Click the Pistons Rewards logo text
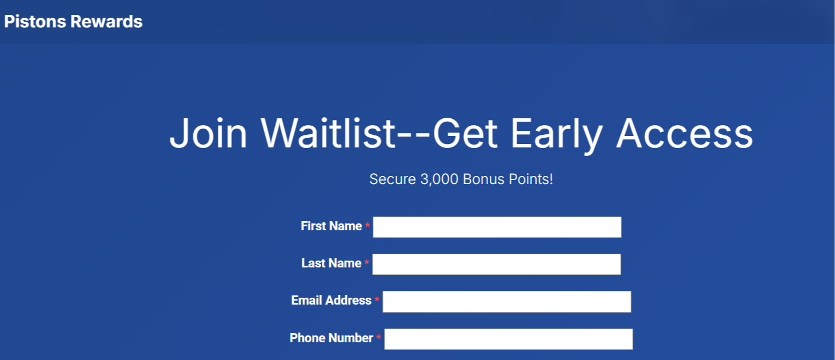click(73, 22)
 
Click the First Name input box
click(497, 227)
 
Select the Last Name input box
click(497, 264)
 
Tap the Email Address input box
click(507, 302)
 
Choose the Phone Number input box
click(509, 339)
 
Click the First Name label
click(331, 226)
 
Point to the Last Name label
click(331, 263)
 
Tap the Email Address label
click(331, 301)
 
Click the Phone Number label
click(331, 338)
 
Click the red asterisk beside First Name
click(367, 225)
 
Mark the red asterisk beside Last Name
click(367, 262)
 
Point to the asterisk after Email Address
click(377, 299)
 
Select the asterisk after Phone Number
click(378, 337)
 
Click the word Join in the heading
click(208, 133)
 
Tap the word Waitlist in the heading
click(327, 133)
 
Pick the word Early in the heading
click(556, 135)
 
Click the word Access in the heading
click(684, 133)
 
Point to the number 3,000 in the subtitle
click(439, 179)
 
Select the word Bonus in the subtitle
click(484, 179)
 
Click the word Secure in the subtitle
click(393, 179)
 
